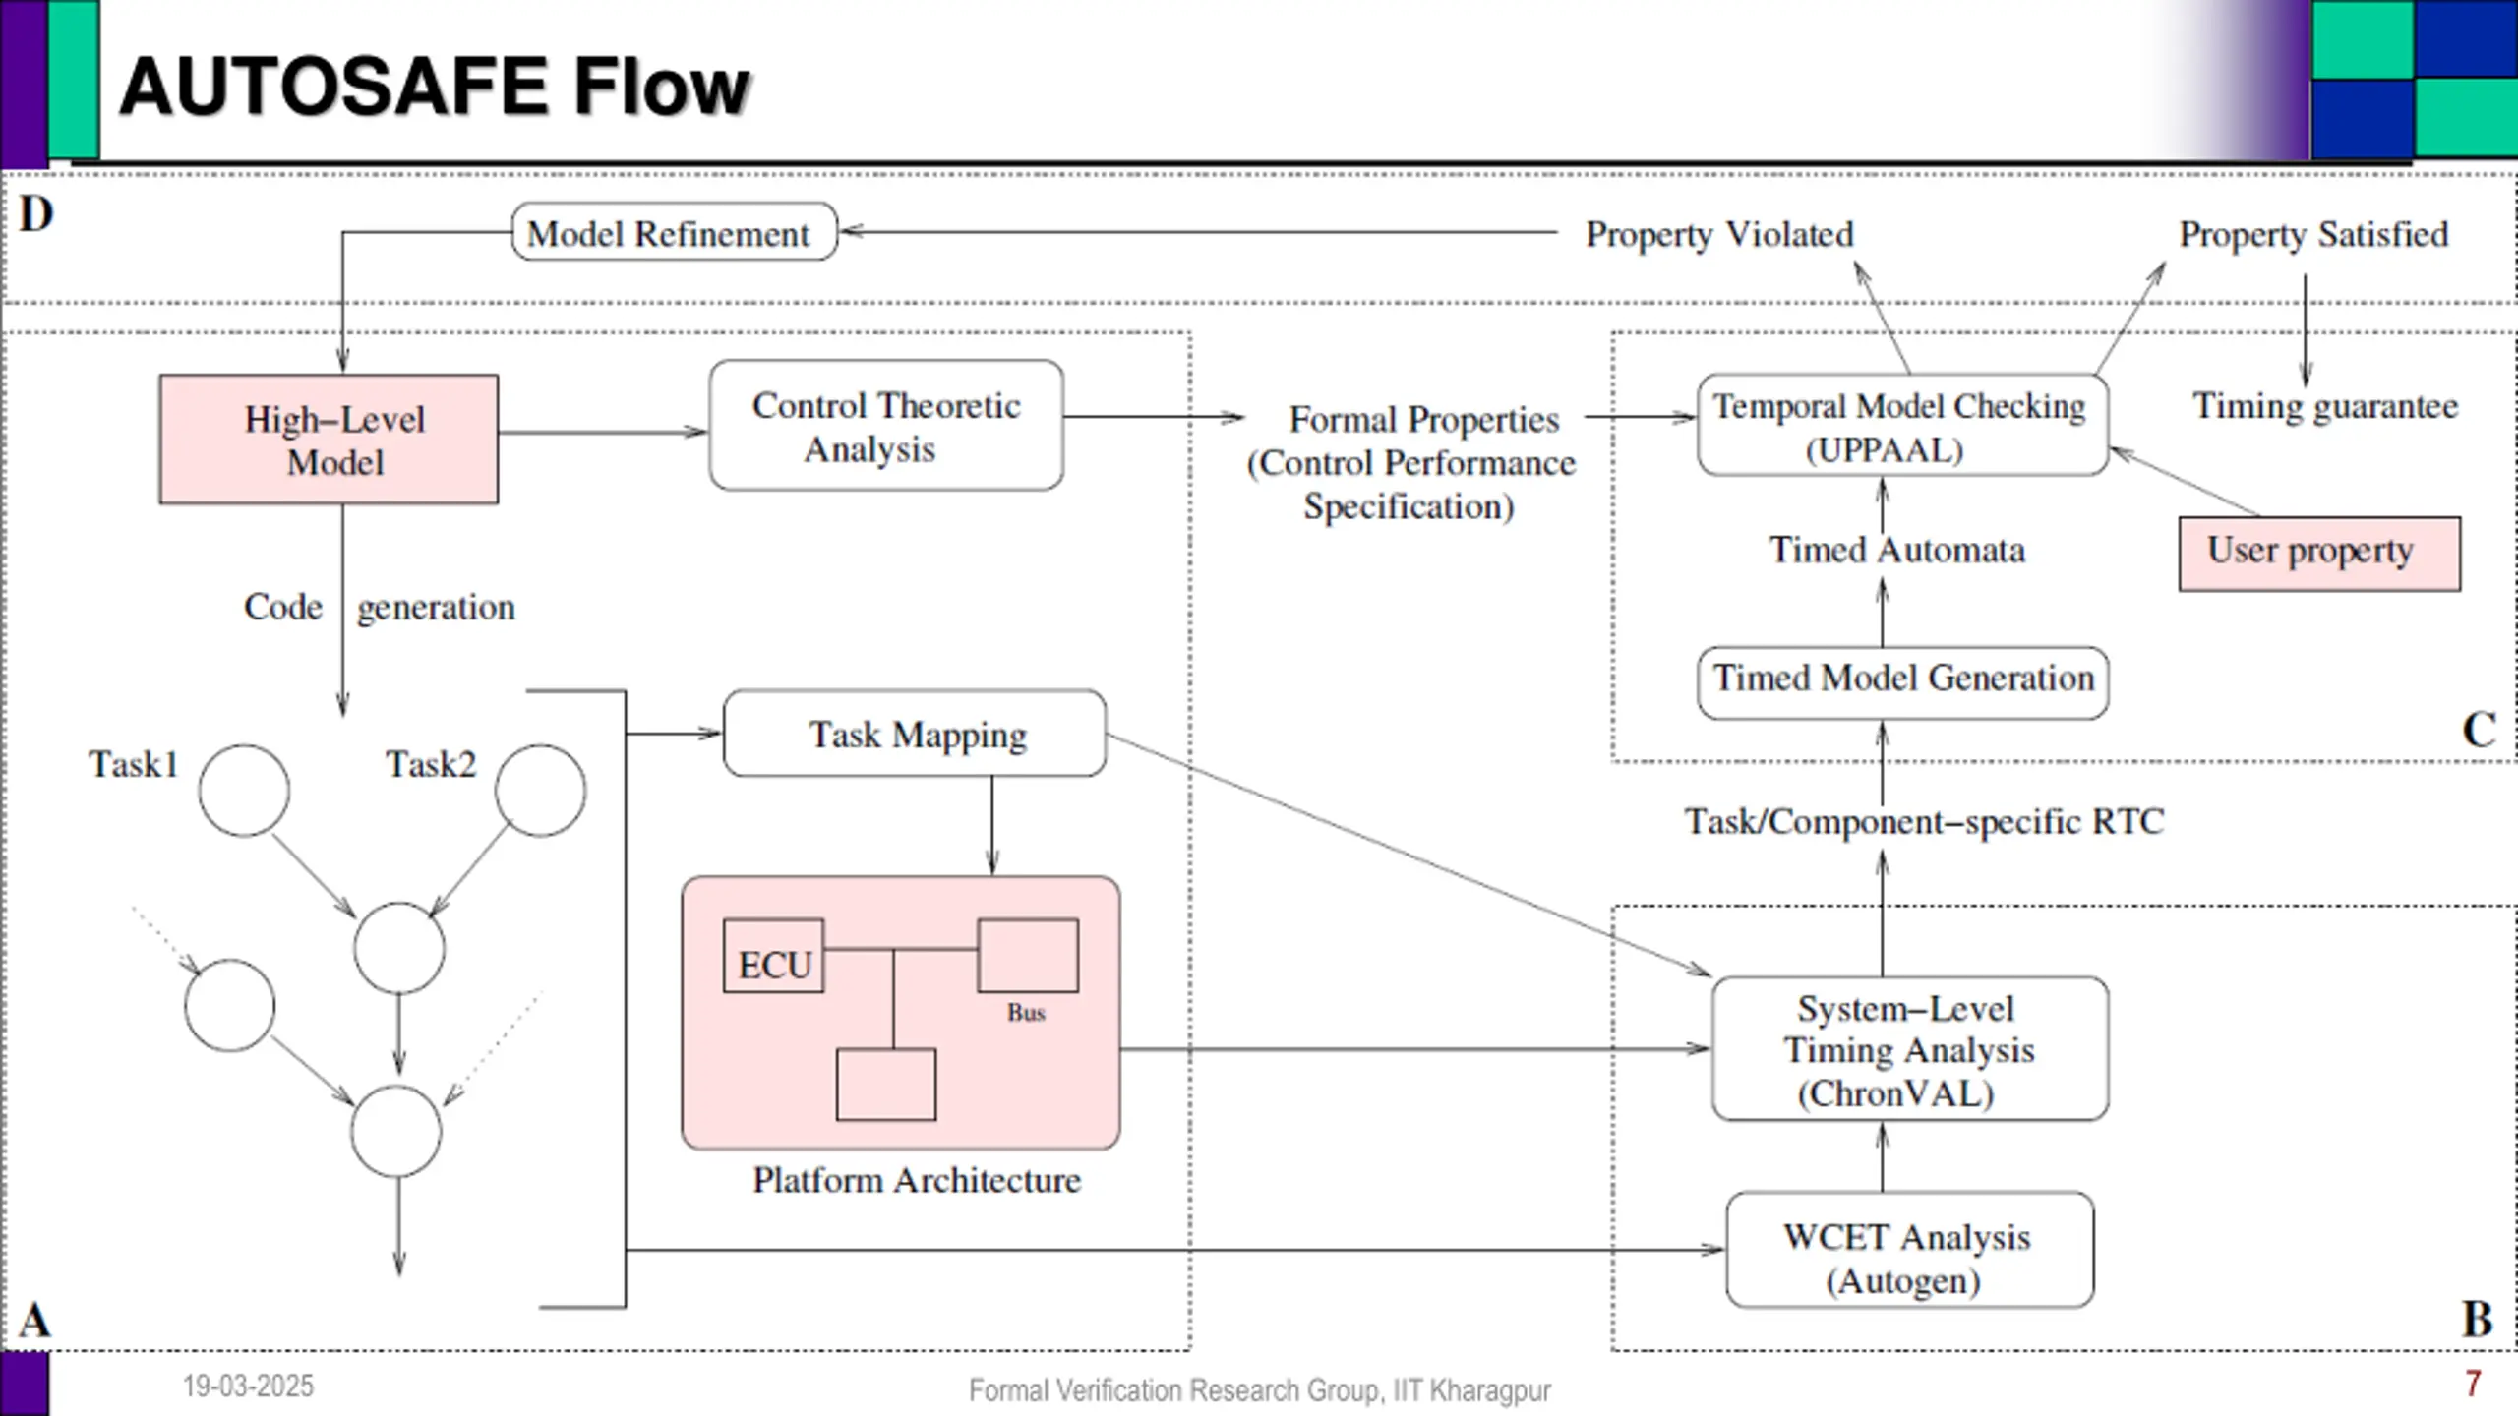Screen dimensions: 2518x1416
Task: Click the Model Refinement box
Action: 674,232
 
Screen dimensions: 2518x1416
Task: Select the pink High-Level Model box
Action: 329,440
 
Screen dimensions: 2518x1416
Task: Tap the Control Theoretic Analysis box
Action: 886,425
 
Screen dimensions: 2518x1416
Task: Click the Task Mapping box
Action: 915,734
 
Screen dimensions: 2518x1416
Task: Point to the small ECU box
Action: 773,956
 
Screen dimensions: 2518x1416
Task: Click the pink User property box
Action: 2319,554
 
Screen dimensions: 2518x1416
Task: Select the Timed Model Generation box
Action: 1902,681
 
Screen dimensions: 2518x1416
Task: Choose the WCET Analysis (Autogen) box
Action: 1909,1250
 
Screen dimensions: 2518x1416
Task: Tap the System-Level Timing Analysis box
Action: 1909,1048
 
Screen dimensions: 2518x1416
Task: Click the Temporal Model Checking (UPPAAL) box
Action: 1902,425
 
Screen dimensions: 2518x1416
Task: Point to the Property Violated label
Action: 1718,234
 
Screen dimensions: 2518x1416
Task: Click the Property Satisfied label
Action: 2313,234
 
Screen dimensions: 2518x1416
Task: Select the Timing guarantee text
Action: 2325,406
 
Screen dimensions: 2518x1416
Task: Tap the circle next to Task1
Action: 244,791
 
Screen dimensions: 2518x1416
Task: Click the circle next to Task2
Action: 540,791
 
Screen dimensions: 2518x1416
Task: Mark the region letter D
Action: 36,213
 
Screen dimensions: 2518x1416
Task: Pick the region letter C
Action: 2479,730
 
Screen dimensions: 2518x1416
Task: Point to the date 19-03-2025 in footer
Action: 248,1386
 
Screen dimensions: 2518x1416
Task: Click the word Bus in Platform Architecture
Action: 1026,1013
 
